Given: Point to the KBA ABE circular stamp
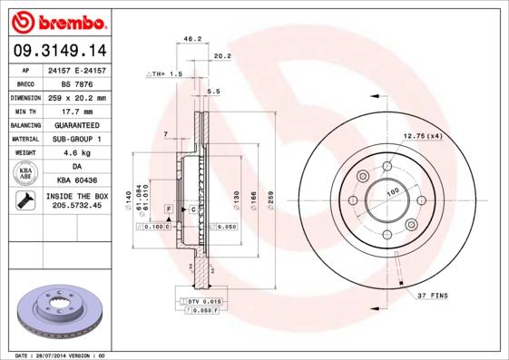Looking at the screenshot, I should click(26, 173).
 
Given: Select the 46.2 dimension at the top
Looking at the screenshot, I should click(192, 39).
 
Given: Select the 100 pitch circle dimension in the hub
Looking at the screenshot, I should click(393, 192).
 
